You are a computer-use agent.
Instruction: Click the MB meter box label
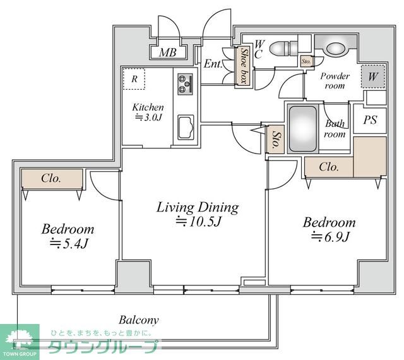168,52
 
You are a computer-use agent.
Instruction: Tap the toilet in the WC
283,48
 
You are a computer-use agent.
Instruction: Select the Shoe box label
244,66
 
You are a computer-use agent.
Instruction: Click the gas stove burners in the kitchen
185,84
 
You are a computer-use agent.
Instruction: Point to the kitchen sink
186,128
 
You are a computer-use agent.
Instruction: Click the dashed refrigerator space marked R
134,79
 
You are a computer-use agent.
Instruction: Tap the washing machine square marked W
373,76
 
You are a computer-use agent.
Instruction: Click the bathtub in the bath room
303,129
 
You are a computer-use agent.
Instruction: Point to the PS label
371,120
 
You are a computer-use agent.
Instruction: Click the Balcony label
139,321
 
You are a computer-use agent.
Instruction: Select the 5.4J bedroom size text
69,243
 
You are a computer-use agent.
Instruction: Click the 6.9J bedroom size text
330,236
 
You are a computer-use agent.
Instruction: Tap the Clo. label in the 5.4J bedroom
51,178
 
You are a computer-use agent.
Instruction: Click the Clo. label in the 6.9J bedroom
329,167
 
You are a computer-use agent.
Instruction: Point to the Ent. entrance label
213,64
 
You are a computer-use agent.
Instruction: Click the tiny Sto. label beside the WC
306,62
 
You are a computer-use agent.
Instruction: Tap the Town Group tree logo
20,339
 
